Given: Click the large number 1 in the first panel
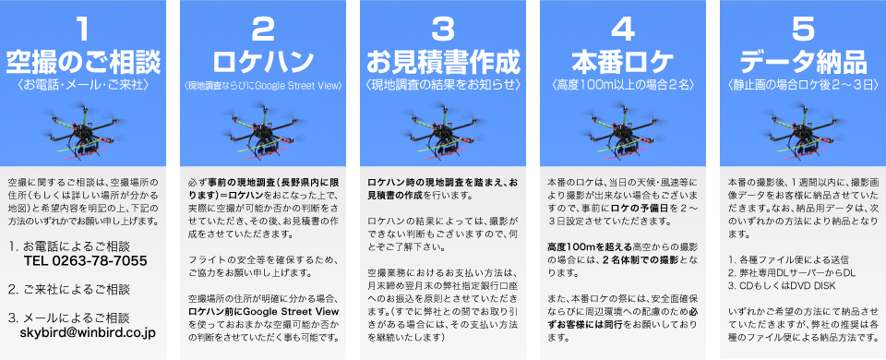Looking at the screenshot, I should (x=82, y=30).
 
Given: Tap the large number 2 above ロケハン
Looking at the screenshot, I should (x=261, y=30).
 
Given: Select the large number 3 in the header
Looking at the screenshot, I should (x=443, y=30).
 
